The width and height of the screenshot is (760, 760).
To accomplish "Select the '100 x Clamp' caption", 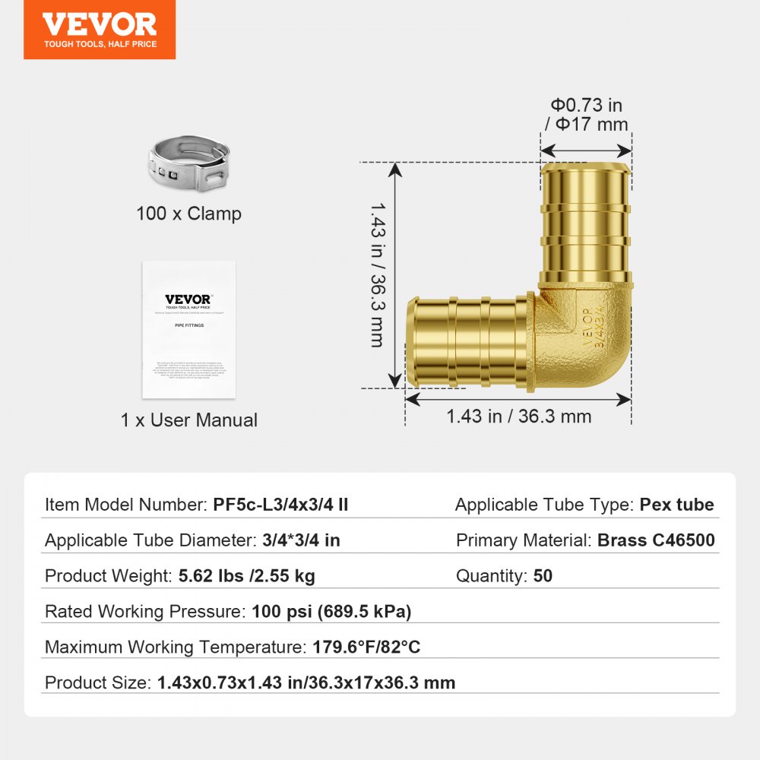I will [x=188, y=214].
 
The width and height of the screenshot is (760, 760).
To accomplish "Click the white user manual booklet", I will [x=188, y=330].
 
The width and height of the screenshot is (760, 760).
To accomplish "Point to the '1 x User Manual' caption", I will [x=188, y=420].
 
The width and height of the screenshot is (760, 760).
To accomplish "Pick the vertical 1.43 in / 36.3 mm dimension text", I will [x=376, y=274].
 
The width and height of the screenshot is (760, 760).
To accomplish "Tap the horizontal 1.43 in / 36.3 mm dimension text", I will [x=518, y=416].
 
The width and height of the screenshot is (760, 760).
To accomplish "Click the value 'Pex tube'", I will [x=676, y=505].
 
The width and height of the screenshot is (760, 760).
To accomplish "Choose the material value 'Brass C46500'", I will [x=656, y=540].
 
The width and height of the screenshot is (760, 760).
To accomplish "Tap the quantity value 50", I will [x=543, y=576].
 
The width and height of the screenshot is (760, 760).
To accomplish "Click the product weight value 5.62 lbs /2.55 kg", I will [x=246, y=576].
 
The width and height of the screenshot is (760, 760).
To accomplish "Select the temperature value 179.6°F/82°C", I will [x=366, y=648].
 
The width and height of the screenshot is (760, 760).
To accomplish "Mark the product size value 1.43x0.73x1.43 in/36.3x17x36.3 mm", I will [x=306, y=682].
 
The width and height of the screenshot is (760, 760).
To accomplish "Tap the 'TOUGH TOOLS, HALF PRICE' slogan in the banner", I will [x=100, y=45].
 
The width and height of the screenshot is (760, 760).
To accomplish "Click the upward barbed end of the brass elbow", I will [x=585, y=220].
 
